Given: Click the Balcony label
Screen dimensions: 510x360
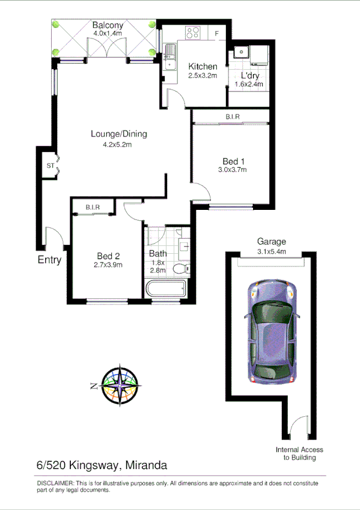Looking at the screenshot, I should tap(108, 25).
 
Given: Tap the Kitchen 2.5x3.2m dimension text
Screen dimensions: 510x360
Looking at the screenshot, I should tap(203, 76).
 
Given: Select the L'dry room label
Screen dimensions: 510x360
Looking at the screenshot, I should tap(250, 76).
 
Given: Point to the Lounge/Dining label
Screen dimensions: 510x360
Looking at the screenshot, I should tap(118, 134).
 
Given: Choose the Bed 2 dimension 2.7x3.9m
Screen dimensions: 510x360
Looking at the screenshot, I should tap(108, 264).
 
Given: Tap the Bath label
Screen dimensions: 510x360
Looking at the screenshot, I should tap(158, 254).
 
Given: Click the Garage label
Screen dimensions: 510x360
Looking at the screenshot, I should tap(271, 242).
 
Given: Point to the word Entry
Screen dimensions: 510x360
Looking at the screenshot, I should tap(49, 260).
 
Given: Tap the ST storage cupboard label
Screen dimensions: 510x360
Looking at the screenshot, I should tap(50, 166).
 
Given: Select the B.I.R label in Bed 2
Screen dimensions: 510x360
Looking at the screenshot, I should tap(92, 207).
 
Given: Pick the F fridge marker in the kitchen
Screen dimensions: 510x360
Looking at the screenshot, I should tap(217, 32).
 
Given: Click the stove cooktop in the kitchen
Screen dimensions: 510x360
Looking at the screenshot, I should tap(193, 32).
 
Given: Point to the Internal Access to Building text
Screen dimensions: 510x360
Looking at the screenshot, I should tap(299, 453).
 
